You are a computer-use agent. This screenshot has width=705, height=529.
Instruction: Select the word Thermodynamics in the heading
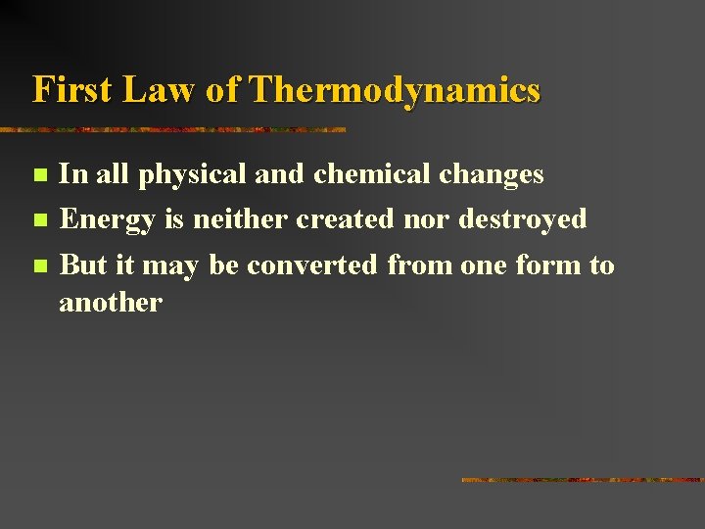395,90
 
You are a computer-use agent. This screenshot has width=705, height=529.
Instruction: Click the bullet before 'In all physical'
39,176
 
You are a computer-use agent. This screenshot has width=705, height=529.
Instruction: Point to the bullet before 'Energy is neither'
39,219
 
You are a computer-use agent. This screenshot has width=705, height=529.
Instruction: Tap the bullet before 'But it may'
39,265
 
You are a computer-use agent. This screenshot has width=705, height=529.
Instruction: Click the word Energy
107,219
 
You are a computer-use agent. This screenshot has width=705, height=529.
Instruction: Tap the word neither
241,218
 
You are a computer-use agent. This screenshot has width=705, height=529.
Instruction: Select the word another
110,303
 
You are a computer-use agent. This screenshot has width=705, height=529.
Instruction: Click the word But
82,264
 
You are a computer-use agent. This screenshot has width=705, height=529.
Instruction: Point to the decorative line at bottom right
583,480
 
